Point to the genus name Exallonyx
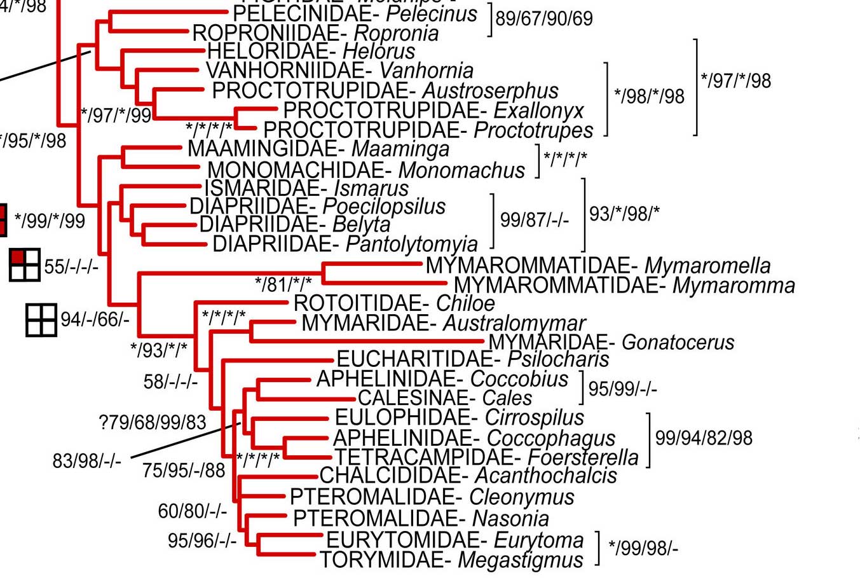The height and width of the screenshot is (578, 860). (538, 111)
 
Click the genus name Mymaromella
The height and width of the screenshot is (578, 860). (707, 265)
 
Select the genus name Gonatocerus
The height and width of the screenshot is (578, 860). (678, 342)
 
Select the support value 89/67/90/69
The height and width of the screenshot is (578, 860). (544, 18)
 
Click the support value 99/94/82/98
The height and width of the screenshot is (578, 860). (704, 437)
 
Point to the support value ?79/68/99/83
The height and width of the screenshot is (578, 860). (153, 422)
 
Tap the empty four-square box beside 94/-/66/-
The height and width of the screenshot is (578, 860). (41, 320)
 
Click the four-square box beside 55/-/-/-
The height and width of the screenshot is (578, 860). (25, 265)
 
